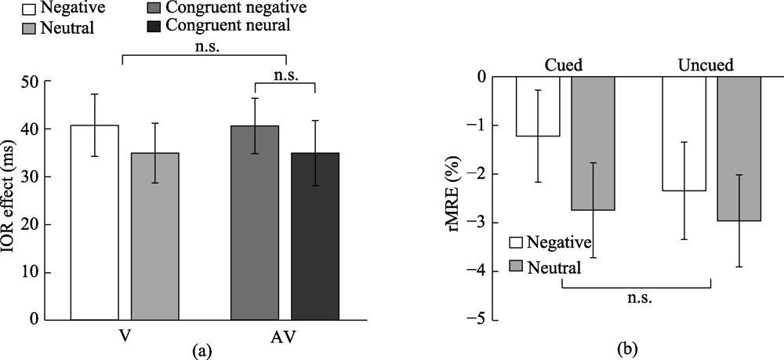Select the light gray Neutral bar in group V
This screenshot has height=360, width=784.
point(154,236)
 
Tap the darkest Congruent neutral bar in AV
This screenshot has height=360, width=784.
point(314,236)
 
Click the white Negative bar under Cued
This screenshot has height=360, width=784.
point(537,107)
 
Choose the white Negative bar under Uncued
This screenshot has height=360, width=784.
point(684,133)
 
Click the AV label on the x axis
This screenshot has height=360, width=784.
point(285,335)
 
